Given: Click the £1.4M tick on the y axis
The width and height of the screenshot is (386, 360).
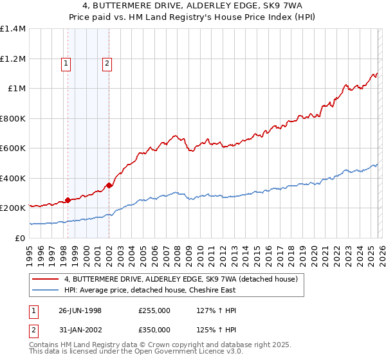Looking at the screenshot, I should click(13, 29).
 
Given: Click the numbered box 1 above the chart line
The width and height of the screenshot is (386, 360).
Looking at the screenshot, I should click(68, 63).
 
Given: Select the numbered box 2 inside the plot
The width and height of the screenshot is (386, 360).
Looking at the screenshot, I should click(107, 63).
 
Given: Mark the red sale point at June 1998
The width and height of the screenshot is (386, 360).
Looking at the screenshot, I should click(68, 200).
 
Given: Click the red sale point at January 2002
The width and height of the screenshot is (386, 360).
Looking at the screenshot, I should click(109, 186).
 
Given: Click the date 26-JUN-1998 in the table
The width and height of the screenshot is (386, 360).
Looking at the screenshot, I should click(80, 310).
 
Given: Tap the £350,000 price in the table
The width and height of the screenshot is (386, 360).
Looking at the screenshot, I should click(154, 330).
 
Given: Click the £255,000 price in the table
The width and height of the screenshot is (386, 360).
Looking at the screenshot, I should click(154, 310).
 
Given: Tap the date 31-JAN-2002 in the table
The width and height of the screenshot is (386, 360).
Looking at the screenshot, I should click(80, 330).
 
